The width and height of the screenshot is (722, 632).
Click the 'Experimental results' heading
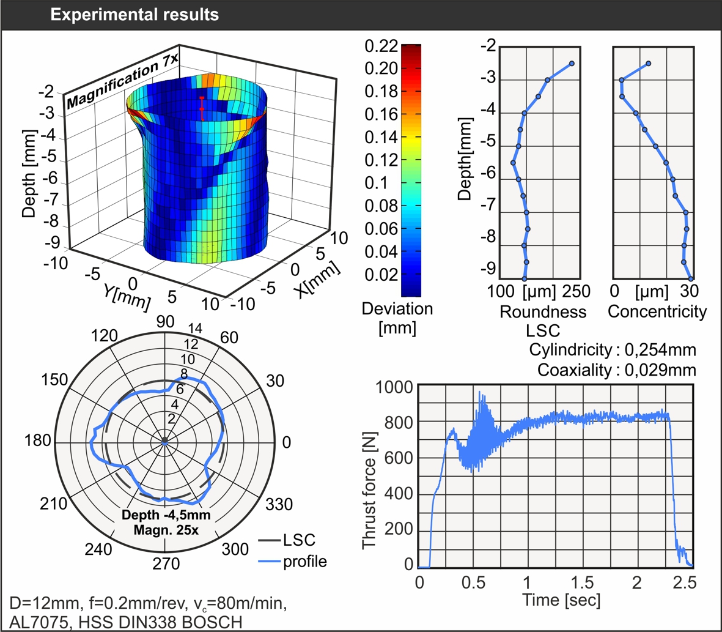coord(134,15)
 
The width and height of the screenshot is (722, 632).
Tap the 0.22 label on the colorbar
coord(381,46)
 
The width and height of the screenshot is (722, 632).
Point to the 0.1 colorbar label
coord(376,183)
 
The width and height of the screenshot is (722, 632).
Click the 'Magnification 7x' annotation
coord(122,81)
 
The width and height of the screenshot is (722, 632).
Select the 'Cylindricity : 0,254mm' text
coord(613,350)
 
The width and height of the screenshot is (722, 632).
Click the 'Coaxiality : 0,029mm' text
coord(617,370)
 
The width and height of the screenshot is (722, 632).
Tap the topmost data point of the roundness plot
coord(572,64)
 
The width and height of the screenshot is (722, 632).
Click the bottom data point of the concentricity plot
coord(690,279)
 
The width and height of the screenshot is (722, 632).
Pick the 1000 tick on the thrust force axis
coord(394,387)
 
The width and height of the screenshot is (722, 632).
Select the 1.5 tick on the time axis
coord(582,582)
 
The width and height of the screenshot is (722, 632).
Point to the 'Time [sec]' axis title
coord(561,600)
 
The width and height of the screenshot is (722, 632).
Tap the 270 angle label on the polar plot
coord(166,563)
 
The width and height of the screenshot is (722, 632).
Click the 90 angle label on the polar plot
coord(165,322)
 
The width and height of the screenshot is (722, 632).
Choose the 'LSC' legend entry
coord(300,540)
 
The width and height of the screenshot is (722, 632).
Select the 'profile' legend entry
coord(305,562)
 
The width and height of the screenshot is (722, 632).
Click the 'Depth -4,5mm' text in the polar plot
coord(166,515)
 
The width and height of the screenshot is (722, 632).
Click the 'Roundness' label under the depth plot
coord(543,312)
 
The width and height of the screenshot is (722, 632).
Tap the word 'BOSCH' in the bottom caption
coord(212,622)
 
